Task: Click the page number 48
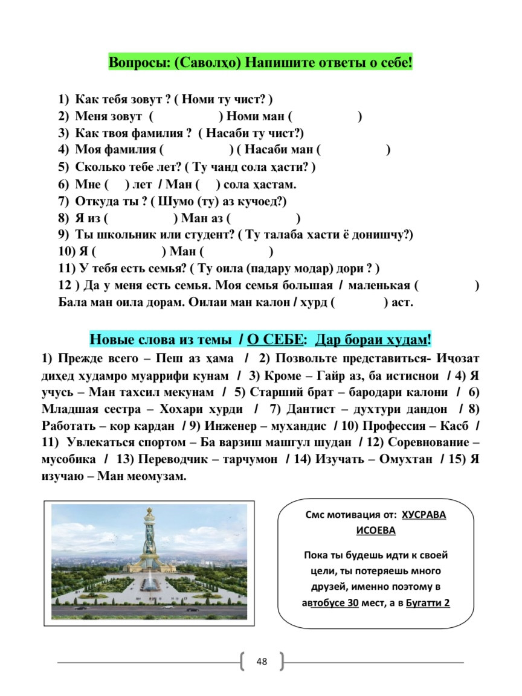(262, 661)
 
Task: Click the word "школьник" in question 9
(124, 234)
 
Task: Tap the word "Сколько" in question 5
(100, 167)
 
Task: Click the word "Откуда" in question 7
(97, 200)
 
